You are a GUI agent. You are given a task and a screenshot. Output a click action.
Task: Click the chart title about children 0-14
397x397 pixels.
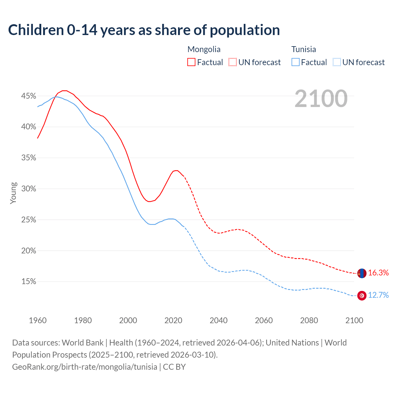(x=144, y=30)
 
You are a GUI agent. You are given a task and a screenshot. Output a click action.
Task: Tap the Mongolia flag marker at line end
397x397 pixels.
(x=362, y=273)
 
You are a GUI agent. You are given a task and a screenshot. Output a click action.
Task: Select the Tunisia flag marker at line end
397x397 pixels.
(x=362, y=296)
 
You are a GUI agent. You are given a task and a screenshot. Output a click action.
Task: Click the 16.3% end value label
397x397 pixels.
(x=378, y=273)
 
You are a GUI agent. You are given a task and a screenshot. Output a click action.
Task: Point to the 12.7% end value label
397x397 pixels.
(x=378, y=295)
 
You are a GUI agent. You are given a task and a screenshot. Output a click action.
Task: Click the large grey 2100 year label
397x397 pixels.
(x=321, y=99)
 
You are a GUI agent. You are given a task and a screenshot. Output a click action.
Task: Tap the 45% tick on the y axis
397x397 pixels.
(x=29, y=96)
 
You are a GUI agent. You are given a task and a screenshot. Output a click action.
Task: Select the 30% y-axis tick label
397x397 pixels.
(x=29, y=189)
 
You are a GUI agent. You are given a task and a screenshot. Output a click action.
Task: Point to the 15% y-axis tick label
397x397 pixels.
(x=29, y=281)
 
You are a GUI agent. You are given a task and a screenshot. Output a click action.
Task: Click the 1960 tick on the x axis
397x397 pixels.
(x=38, y=320)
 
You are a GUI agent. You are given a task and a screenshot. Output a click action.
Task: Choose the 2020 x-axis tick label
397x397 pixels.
(x=173, y=320)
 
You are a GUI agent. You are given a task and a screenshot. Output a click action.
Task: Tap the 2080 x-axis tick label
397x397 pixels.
(x=309, y=320)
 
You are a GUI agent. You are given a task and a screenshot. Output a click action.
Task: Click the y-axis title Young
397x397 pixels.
(x=13, y=193)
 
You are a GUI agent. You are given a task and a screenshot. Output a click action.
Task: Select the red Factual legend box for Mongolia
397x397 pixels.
(x=191, y=62)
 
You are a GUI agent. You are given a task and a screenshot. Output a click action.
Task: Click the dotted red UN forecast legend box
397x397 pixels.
(x=233, y=62)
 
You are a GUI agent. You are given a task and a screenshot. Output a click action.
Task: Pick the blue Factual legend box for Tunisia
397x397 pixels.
(x=295, y=62)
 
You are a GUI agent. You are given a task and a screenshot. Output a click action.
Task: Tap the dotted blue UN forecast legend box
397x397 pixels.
(x=337, y=62)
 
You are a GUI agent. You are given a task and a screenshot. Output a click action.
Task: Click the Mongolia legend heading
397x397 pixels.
(x=204, y=49)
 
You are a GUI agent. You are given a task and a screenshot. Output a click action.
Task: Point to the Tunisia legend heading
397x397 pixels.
(x=303, y=49)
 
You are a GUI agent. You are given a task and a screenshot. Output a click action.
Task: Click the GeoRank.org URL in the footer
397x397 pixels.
(x=84, y=367)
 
